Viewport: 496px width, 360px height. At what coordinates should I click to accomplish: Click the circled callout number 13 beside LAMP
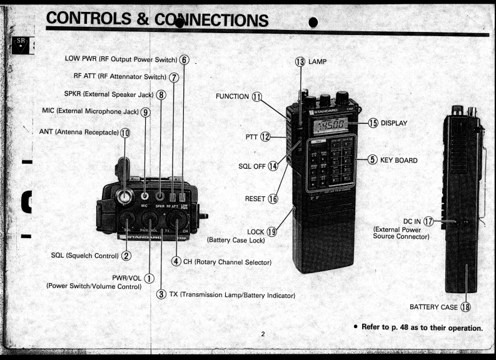coord(300,61)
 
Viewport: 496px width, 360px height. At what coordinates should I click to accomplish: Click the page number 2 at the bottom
coord(263,334)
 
